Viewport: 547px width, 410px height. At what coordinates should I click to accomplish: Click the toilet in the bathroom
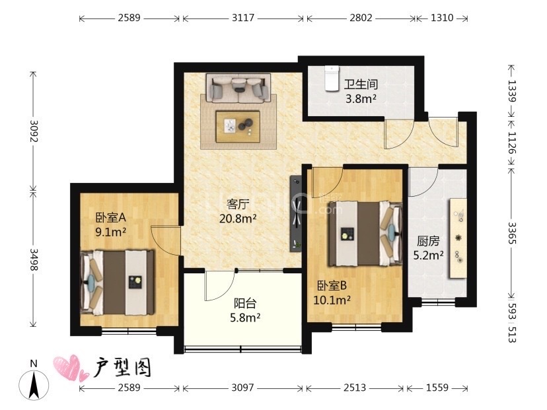click(x=332, y=79)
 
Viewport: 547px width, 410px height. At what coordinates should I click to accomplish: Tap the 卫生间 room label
click(x=361, y=85)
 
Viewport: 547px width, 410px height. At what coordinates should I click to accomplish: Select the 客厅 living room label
click(x=238, y=204)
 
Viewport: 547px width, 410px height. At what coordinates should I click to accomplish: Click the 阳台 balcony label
click(x=245, y=303)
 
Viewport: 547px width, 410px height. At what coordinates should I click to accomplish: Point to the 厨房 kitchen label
click(x=428, y=241)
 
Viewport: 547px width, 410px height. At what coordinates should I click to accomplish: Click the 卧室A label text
click(x=110, y=218)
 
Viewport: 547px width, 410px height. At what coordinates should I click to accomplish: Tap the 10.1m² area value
click(x=332, y=300)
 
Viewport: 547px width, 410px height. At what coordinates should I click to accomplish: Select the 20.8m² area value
click(x=238, y=219)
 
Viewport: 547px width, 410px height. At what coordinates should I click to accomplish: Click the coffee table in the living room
click(x=238, y=127)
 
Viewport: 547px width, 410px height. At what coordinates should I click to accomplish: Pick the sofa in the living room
click(x=238, y=88)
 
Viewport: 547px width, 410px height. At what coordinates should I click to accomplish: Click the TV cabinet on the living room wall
click(x=296, y=213)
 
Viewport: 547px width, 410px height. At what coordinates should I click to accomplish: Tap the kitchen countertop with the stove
click(x=458, y=238)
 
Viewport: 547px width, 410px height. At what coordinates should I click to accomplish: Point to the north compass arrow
click(x=34, y=384)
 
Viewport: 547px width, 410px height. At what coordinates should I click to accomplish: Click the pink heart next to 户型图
click(x=71, y=368)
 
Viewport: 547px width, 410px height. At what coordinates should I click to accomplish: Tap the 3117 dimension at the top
click(x=243, y=18)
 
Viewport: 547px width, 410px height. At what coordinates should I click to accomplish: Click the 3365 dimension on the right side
click(x=511, y=233)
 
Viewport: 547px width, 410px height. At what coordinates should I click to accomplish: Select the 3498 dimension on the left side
click(x=34, y=259)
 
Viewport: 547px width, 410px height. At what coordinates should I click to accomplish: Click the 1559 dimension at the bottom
click(x=437, y=388)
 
